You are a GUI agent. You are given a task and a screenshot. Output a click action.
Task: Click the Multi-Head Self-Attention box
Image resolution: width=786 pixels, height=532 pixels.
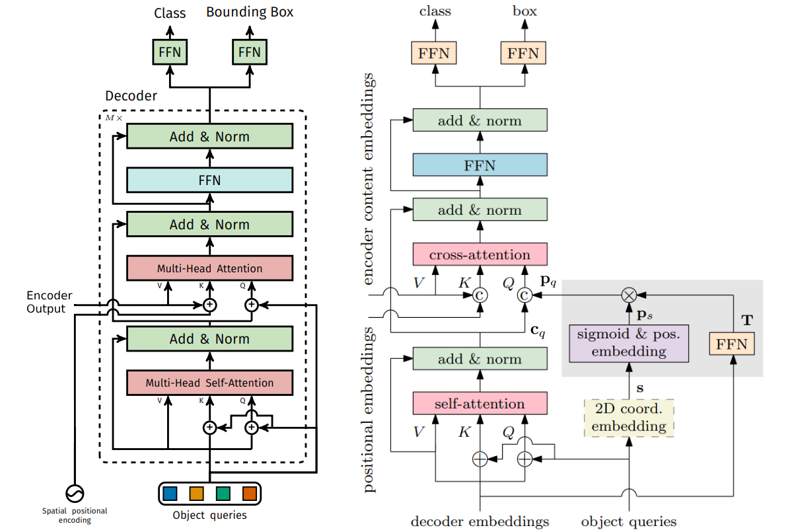coord(209,383)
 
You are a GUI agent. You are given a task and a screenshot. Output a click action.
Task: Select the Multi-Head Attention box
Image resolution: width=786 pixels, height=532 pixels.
coord(209,268)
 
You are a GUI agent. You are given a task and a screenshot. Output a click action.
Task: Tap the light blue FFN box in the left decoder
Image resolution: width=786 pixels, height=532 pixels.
coord(209,180)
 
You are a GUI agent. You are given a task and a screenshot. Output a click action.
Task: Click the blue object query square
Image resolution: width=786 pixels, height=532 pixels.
coord(170,493)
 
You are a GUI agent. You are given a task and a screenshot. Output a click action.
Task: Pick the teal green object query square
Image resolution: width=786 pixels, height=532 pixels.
coord(223,493)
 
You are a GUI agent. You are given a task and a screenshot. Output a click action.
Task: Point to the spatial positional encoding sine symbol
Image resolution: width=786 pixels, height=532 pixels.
coord(74,493)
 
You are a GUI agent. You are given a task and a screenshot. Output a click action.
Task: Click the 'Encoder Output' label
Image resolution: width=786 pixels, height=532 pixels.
coord(50,302)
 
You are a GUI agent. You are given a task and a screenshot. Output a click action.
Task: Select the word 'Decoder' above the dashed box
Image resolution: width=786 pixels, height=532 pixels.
coord(131,96)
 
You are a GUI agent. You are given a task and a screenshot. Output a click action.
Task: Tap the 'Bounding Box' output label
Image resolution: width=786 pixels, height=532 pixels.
coord(250,12)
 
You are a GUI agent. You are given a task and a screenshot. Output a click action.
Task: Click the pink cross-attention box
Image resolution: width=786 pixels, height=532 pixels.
coord(480,254)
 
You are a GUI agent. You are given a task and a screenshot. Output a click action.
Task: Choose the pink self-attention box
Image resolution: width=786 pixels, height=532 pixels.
coord(480,404)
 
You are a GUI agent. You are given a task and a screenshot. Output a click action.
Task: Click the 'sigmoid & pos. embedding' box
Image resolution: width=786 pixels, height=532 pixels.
coord(629,342)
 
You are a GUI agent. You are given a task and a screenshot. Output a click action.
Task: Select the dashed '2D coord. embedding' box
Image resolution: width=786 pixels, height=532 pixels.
coord(629,418)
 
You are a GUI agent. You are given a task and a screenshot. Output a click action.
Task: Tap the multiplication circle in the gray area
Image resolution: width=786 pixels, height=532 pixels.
coord(629,295)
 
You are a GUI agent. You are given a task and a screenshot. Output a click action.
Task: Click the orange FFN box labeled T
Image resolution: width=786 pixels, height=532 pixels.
coord(731,344)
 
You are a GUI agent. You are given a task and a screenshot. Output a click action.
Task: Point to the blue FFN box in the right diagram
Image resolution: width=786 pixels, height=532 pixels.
coord(480,165)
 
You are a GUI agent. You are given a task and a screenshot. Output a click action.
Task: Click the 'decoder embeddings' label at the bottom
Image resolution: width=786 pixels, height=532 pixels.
coord(480,521)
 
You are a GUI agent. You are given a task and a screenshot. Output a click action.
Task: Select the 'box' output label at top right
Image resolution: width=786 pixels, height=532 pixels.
coord(524,11)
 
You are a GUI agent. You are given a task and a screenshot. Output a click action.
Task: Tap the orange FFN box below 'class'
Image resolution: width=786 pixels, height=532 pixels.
coord(434,53)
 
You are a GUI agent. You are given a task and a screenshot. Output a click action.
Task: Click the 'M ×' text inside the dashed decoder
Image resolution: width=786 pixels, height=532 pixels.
coord(114,118)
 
